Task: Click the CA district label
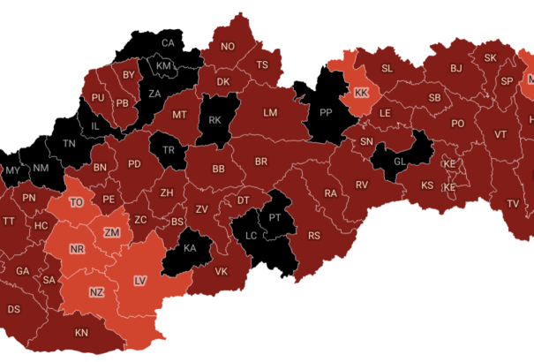(168, 43)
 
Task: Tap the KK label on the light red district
(360, 93)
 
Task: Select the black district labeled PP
(325, 113)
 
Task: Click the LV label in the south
(139, 281)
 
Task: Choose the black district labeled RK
(214, 121)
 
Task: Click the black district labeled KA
(189, 248)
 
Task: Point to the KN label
(81, 333)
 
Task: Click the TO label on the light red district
(77, 202)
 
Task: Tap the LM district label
(270, 113)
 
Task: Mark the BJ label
(456, 68)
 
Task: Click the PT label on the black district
(275, 217)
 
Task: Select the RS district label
(313, 237)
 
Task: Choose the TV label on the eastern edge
(513, 204)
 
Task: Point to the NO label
(228, 47)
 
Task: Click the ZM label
(111, 232)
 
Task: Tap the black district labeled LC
(251, 236)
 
